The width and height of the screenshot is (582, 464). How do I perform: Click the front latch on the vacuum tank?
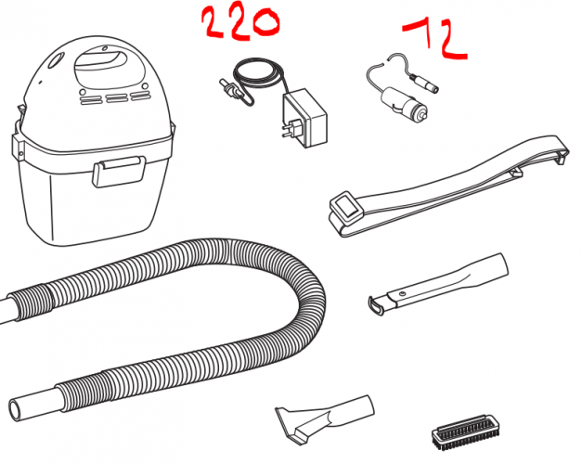(118, 173)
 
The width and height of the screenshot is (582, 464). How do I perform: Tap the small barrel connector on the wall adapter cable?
(226, 94)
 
